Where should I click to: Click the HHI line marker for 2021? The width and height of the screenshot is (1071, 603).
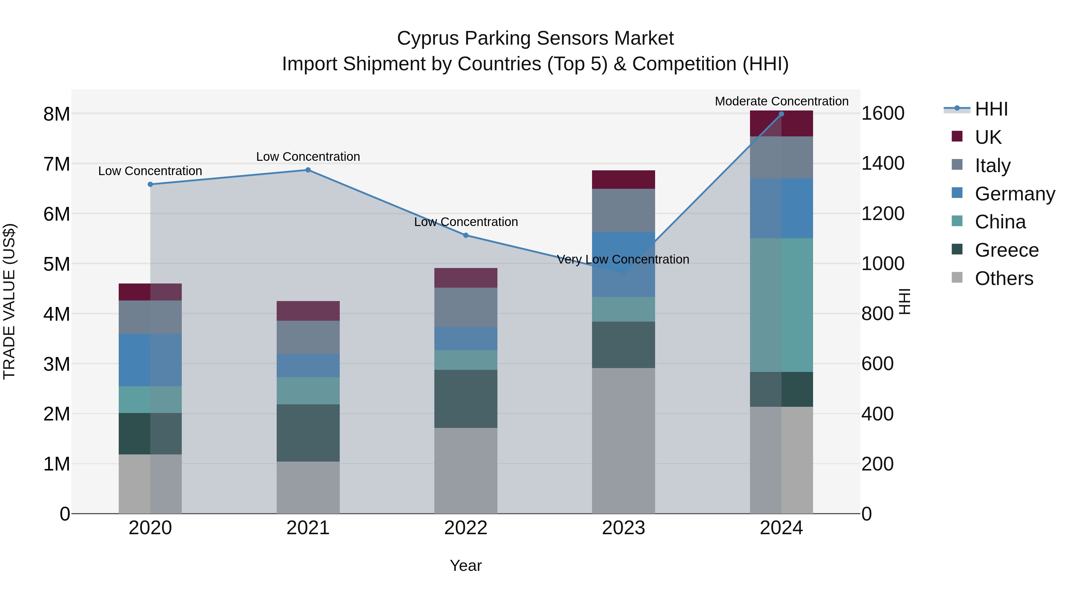pos(308,170)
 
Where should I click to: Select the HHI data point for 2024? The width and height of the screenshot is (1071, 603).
pos(781,114)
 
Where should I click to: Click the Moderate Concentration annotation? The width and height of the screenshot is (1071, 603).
pos(781,101)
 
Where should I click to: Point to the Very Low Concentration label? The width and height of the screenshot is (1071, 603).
pos(623,259)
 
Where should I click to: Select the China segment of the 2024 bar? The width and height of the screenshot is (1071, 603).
pos(781,305)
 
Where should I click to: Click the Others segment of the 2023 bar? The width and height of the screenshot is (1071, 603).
pos(623,441)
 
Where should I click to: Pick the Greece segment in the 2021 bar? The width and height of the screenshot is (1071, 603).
pos(308,433)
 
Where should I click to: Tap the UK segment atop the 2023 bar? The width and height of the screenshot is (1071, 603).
pos(623,180)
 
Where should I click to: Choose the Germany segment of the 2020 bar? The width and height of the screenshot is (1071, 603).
pos(150,360)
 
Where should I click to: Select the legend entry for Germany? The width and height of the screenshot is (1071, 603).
pos(1014,194)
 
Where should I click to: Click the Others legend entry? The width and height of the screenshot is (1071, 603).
pos(1004,278)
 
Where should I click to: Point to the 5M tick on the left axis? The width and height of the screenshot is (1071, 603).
pos(57,264)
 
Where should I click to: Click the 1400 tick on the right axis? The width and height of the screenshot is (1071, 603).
pos(882,163)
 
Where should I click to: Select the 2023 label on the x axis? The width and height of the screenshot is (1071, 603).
pos(623,528)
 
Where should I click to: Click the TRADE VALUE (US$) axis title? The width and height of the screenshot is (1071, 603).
pos(10,301)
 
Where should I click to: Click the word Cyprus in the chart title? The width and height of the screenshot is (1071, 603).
pos(428,38)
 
